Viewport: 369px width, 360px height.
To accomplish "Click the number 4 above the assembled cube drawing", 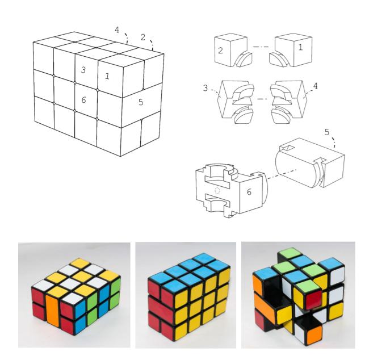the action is pyautogui.click(x=117, y=30).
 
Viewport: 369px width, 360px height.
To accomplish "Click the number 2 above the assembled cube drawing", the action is pyautogui.click(x=143, y=37).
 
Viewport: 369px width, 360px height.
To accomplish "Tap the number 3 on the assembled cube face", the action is pyautogui.click(x=83, y=70).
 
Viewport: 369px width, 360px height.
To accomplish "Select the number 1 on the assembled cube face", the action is pyautogui.click(x=107, y=76).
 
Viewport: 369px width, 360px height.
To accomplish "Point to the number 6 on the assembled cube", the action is pyautogui.click(x=83, y=100).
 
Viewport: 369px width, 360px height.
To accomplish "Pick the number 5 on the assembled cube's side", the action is pyautogui.click(x=141, y=102).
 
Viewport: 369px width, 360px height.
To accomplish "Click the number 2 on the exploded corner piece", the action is pyautogui.click(x=220, y=51).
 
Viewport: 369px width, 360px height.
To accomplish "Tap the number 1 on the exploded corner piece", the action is pyautogui.click(x=300, y=47).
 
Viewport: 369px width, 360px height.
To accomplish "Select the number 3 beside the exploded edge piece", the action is pyautogui.click(x=206, y=88).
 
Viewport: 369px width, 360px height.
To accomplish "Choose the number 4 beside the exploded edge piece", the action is pyautogui.click(x=316, y=86).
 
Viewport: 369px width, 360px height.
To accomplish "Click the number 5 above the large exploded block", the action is pyautogui.click(x=327, y=132).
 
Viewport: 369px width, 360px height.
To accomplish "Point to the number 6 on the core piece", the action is pyautogui.click(x=249, y=192).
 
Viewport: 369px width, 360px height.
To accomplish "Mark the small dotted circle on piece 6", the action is pyautogui.click(x=217, y=191).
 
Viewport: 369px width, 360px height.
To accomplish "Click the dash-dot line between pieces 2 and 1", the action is pyautogui.click(x=261, y=47).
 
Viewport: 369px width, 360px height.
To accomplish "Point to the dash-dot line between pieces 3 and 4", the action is pyautogui.click(x=262, y=99).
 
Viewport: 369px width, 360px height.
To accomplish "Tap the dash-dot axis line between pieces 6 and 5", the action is pyautogui.click(x=282, y=174).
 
